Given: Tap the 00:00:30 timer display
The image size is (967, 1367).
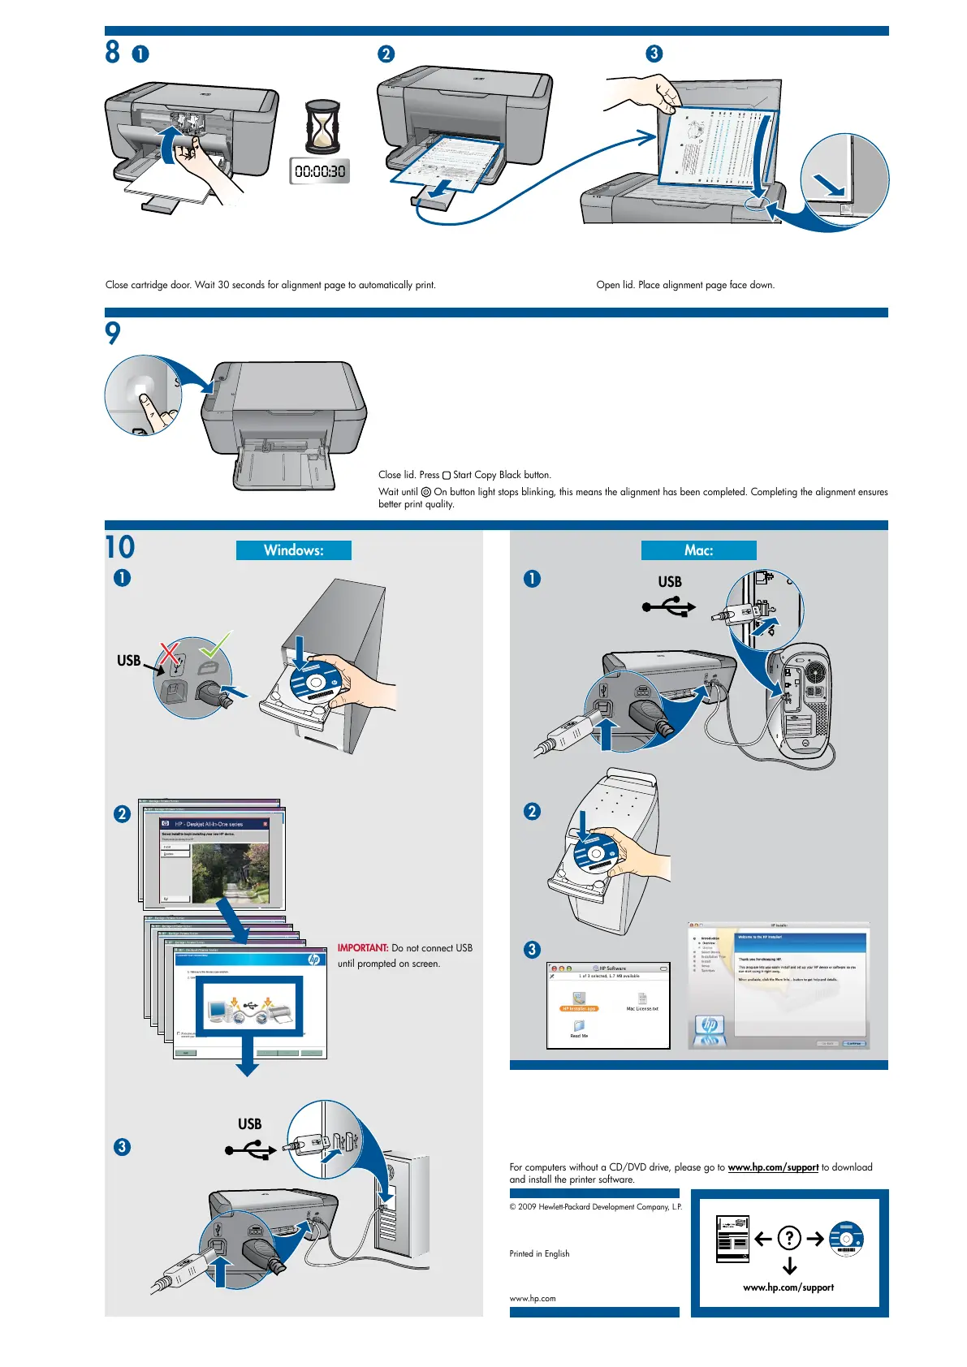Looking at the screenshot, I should (320, 171).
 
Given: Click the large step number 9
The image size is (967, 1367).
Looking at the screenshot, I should (113, 332).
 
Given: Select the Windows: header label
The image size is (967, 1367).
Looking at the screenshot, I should (293, 550).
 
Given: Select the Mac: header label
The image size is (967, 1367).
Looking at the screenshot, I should (698, 550).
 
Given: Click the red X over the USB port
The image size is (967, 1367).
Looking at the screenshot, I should (170, 653).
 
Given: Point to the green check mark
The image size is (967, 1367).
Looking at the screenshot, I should (216, 645).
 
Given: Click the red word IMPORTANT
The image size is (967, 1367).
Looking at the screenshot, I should (363, 948).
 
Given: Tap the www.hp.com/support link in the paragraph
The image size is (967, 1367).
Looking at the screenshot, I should (773, 1167).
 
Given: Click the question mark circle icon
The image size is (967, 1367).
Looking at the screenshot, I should (789, 1238).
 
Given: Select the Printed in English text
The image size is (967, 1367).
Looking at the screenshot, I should (539, 1253).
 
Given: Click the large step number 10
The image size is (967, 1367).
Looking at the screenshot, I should (120, 547).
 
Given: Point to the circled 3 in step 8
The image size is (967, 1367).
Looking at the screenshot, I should (654, 54).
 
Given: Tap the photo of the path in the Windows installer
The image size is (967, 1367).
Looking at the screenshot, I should (231, 873).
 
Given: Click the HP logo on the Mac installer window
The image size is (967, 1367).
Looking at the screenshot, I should (710, 1024).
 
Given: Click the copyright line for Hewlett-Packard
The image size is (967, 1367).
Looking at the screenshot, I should (595, 1207).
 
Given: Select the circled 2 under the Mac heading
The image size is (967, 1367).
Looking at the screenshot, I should (532, 812).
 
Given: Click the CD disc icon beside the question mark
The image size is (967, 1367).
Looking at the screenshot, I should (846, 1238).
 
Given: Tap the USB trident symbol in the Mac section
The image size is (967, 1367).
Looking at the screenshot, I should (669, 606).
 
